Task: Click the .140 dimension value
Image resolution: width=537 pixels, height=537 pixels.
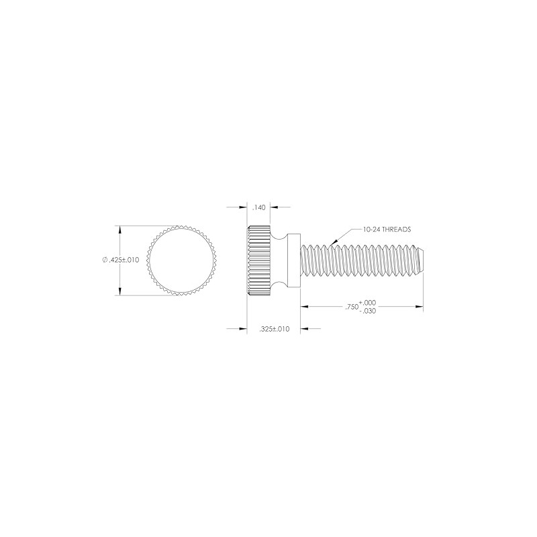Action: (259, 208)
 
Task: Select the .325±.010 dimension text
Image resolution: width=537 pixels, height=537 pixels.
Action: (274, 329)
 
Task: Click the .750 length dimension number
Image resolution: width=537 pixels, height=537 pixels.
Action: (350, 307)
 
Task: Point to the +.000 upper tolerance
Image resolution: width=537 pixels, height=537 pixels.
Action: (367, 303)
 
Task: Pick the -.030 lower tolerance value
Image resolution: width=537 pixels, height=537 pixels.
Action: (367, 311)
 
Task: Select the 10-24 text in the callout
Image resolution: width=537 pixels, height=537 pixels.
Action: (372, 229)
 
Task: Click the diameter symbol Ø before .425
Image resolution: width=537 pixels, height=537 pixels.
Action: (105, 260)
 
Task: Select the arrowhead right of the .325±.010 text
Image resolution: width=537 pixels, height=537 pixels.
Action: (303, 329)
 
